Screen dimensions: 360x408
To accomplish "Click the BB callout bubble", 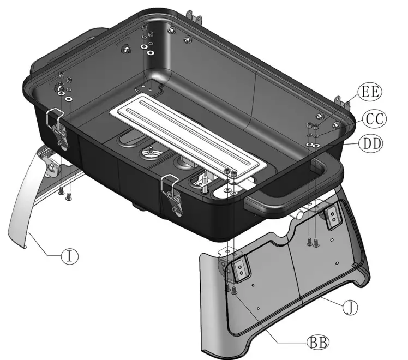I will [x=315, y=343].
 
